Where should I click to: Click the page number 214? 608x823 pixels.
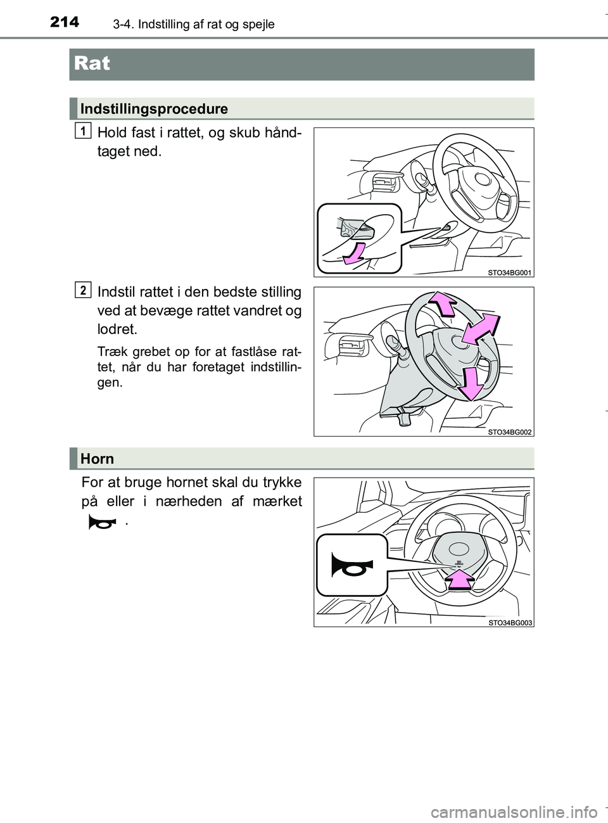point(65,22)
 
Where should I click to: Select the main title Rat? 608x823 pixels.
point(92,63)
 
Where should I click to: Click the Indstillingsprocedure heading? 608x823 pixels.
point(154,109)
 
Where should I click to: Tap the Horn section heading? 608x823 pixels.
point(97,459)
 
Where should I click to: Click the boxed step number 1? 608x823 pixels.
point(83,131)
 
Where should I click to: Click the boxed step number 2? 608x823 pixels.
point(83,290)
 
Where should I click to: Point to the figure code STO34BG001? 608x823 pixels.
point(509,272)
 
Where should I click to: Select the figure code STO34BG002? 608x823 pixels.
point(509,432)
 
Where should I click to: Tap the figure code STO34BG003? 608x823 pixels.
point(510,623)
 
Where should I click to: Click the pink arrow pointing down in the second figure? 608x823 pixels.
point(471,384)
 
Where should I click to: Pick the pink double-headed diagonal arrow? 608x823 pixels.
point(481,328)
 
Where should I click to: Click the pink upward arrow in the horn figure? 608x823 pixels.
point(460,580)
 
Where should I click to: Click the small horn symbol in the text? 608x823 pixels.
point(103,523)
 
